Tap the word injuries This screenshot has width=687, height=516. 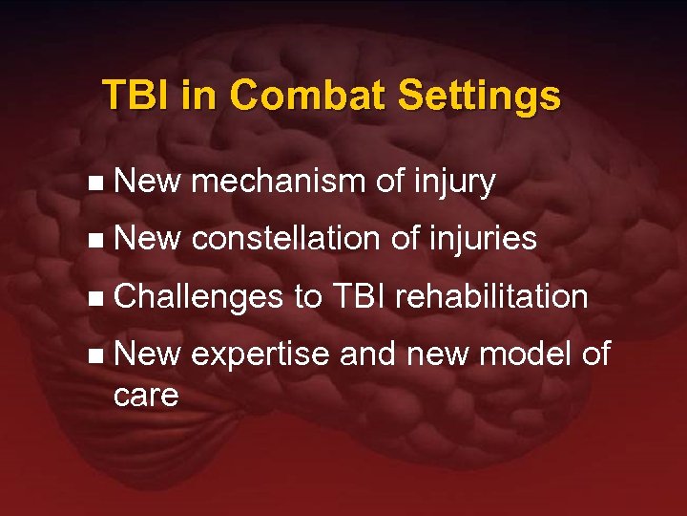tap(482, 239)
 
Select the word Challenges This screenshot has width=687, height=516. tap(198, 297)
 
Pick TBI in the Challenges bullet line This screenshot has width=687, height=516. tap(358, 297)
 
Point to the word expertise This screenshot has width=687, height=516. tap(260, 355)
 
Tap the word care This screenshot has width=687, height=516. tap(145, 395)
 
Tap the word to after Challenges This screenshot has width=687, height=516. tap(308, 297)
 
